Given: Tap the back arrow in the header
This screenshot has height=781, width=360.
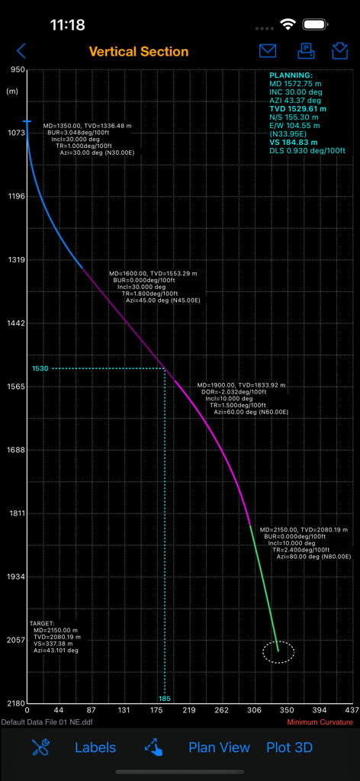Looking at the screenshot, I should click(x=21, y=51).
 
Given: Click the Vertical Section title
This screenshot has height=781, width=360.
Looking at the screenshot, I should click(x=139, y=52).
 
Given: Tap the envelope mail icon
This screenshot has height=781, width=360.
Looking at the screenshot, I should click(x=268, y=51).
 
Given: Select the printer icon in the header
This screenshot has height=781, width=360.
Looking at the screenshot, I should click(x=305, y=51).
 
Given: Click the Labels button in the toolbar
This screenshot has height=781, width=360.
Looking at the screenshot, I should click(x=95, y=747).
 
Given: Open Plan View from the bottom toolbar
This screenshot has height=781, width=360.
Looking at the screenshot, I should click(x=219, y=747).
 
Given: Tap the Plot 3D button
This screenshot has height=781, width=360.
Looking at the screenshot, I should click(x=290, y=747).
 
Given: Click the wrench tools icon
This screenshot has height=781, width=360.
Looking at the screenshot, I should click(x=40, y=747).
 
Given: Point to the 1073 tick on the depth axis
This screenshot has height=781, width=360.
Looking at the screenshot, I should click(x=15, y=133).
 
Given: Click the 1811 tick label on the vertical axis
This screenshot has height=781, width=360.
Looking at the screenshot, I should click(x=15, y=513).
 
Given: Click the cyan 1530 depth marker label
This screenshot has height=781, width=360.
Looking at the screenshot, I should click(x=40, y=368).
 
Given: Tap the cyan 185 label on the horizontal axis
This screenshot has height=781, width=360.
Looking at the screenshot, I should click(x=165, y=698).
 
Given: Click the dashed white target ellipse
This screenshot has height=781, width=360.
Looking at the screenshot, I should click(x=278, y=652).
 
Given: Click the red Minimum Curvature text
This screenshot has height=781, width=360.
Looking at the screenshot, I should click(x=320, y=722).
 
